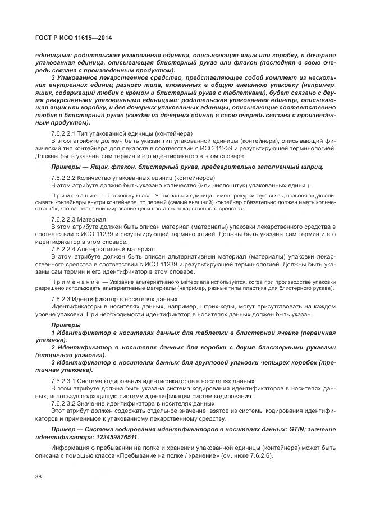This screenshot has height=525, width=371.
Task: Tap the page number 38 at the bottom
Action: (x=39, y=476)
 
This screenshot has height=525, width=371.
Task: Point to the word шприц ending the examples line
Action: (x=312, y=167)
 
